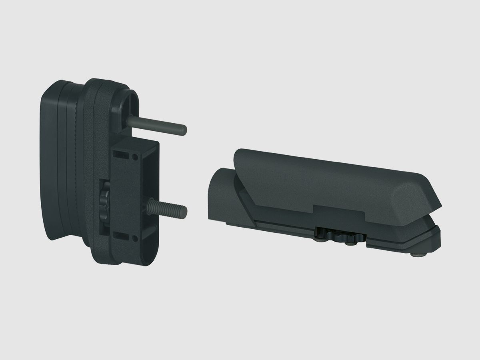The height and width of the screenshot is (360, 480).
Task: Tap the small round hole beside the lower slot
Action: click(x=135, y=239)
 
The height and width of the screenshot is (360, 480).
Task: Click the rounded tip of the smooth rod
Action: click(x=184, y=130)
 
